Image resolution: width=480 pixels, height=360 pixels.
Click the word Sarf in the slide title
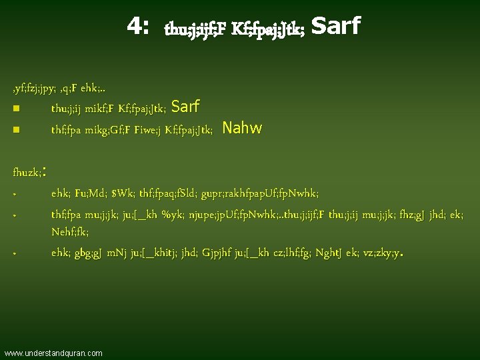(335, 26)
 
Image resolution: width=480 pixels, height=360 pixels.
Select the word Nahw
(242, 127)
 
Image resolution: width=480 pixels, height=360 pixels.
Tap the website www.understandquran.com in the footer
(53, 352)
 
